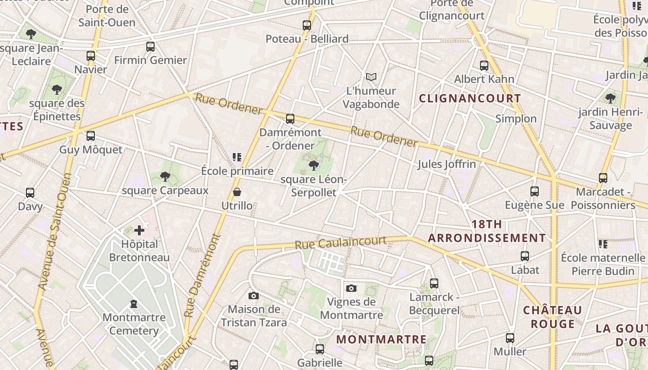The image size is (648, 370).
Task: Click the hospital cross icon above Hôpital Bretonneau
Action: pos(139,230)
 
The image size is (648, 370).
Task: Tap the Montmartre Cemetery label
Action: pos(134,324)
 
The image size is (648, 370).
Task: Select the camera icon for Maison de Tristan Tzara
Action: pos(254,296)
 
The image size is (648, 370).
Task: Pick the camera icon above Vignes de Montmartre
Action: pos(351,289)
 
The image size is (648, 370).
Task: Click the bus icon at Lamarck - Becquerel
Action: pos(434,284)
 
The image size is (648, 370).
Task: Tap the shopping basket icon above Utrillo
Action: pos(237,192)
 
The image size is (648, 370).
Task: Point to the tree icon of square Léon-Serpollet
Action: pos(314,165)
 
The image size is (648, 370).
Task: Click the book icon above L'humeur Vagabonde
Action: pos(371,77)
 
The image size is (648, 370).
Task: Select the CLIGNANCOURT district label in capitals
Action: pos(470,99)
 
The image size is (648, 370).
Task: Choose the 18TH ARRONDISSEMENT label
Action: pos(486,231)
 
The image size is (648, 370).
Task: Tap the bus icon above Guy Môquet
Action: pos(91,136)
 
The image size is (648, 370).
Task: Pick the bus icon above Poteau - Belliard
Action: pos(307,25)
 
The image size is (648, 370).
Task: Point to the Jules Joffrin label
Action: pos(447,164)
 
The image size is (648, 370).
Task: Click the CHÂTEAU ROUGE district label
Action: pos(552,317)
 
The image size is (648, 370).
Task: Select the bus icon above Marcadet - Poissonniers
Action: pos(603,178)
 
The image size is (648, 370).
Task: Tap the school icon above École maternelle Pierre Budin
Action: pos(603,244)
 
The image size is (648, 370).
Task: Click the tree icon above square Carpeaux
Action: pos(165,176)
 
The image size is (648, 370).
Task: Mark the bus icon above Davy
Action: pos(30,193)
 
